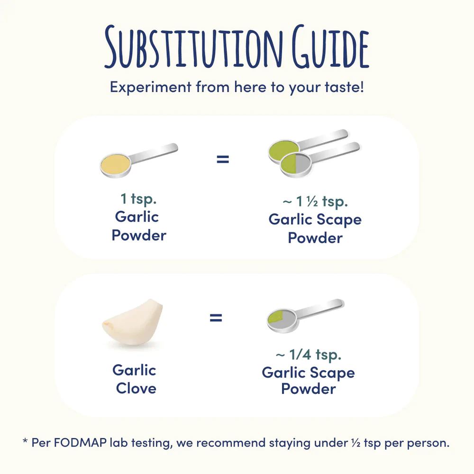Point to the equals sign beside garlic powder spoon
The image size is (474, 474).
(222, 159)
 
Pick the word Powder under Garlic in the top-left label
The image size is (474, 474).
(139, 235)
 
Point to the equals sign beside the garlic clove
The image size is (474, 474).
(216, 318)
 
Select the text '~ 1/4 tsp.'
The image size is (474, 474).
(308, 354)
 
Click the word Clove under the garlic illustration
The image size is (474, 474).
(136, 389)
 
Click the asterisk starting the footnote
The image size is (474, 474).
(25, 442)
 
